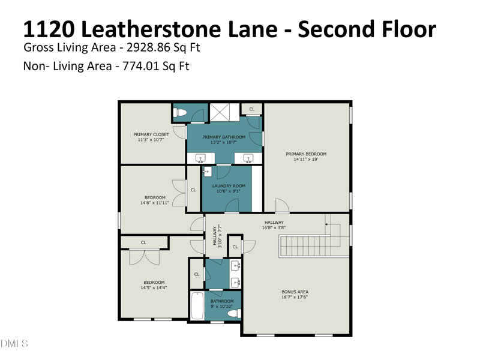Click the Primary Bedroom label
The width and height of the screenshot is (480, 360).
point(306,154)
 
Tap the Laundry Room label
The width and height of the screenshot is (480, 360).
point(229,186)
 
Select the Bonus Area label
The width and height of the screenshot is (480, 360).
point(295,292)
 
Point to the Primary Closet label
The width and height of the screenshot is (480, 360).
point(151,134)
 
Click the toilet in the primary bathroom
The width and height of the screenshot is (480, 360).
point(179,113)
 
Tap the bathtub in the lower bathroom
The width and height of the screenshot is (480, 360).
point(197,305)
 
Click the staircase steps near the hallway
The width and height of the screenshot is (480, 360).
point(309,246)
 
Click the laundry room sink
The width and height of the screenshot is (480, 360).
point(207,172)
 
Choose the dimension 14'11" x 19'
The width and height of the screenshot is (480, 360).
point(306,159)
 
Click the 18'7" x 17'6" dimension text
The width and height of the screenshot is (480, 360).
point(295,297)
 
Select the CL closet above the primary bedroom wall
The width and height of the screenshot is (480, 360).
point(251,109)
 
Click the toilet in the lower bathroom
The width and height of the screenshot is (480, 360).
point(235,313)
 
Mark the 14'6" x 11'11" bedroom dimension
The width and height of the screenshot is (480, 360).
point(155,203)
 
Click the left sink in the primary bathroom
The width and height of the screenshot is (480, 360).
point(201,158)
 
